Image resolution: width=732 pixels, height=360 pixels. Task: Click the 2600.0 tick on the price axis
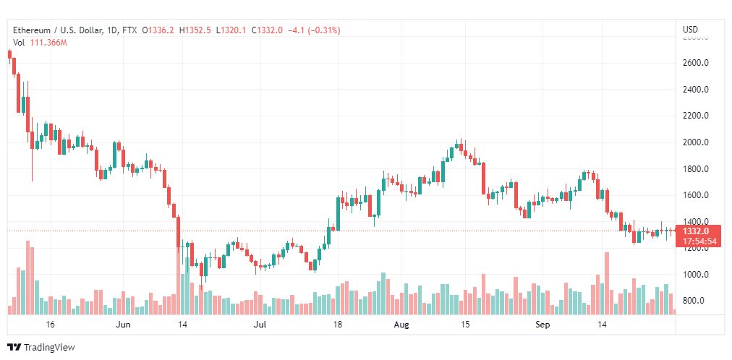point(694,63)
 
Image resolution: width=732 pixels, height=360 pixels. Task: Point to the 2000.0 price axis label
point(694,142)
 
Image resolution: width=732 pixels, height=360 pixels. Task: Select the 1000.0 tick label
point(694,275)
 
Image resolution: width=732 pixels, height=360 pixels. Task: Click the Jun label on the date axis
point(122,325)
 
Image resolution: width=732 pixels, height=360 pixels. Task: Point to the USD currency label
point(690,30)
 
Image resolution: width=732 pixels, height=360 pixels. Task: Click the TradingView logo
point(41,348)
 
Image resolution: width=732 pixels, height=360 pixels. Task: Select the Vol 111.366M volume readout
point(40,43)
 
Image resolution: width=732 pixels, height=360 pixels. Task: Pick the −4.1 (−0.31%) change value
point(314,30)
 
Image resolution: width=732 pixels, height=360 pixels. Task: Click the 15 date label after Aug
point(467,325)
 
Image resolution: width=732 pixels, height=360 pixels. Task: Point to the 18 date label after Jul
point(337,325)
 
